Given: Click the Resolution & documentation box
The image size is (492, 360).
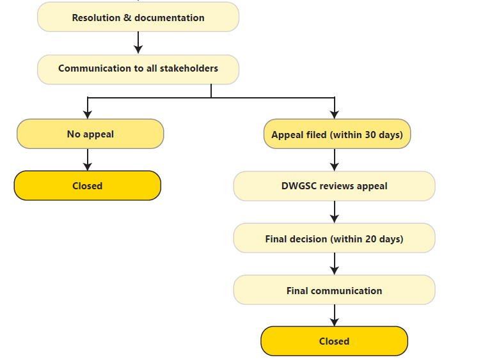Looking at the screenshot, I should (138, 17).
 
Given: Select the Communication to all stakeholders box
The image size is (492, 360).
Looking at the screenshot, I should (138, 69).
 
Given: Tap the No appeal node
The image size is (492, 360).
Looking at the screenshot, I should (90, 134).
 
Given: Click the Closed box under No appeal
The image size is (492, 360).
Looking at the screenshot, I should (88, 186).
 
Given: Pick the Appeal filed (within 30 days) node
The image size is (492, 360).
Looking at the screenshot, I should (337, 134).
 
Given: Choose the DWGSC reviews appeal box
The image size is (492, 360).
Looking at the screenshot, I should (334, 186).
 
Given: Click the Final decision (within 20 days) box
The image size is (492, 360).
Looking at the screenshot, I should (334, 239).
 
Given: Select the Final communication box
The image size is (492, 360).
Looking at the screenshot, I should (334, 290).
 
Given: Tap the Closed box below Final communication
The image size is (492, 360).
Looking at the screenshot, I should (334, 341).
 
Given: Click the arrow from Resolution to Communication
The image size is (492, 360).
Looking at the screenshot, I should (138, 43).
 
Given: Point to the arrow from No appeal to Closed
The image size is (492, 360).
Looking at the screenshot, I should (88, 160).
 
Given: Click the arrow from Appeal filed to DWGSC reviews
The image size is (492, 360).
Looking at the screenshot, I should (335, 160).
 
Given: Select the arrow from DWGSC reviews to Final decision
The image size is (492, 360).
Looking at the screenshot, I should (335, 212).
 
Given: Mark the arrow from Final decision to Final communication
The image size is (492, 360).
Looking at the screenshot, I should (335, 263).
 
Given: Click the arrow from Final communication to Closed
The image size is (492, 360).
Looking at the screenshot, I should (335, 315).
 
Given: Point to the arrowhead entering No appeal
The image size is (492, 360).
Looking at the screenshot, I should (88, 114).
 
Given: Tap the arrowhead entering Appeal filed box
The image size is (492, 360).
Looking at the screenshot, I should (335, 114).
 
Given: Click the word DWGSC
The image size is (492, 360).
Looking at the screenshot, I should (299, 186).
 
